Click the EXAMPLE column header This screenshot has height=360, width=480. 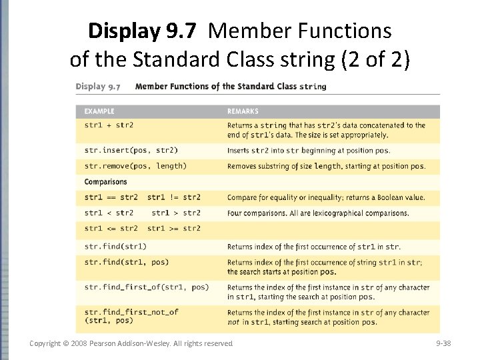point(99,111)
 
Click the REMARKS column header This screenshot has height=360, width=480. point(243,111)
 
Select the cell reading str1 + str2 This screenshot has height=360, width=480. point(109,125)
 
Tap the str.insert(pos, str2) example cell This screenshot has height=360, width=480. point(131,150)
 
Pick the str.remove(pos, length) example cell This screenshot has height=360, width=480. point(135,166)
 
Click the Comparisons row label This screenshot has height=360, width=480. point(105,181)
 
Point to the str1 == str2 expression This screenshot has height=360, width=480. point(111,197)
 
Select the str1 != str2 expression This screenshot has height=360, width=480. point(174,197)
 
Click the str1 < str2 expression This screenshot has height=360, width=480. point(109,213)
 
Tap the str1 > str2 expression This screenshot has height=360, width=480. point(176,213)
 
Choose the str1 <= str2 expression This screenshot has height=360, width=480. point(111,229)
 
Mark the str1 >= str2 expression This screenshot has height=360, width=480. point(174,229)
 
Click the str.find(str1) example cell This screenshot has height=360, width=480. point(115,247)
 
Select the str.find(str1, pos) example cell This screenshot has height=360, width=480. point(127,262)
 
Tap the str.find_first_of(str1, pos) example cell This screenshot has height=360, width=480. point(147,287)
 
